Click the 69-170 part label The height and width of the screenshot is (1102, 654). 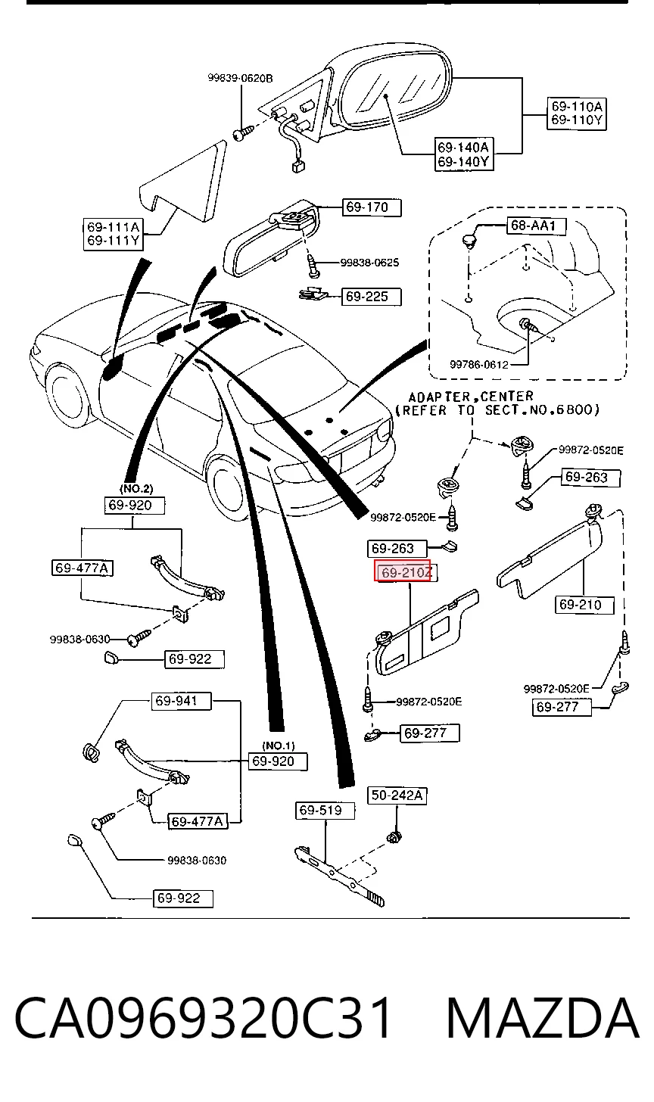click(372, 207)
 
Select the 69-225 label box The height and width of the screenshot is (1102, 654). click(372, 297)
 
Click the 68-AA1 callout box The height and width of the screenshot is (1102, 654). click(537, 226)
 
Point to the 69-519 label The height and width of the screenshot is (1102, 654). click(325, 811)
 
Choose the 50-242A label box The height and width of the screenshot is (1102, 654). click(397, 795)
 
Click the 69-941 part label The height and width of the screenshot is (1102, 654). click(181, 701)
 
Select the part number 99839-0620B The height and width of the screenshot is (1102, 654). click(240, 78)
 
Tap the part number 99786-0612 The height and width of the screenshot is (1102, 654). click(479, 365)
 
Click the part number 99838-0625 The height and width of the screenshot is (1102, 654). click(369, 263)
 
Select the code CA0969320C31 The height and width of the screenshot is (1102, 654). click(203, 1018)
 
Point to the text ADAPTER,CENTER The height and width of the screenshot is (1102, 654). click(471, 397)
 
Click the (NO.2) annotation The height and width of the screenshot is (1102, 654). click(136, 488)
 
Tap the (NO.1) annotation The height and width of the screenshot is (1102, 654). click(279, 746)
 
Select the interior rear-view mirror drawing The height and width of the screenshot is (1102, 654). click(271, 238)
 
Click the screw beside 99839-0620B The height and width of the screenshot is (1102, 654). click(243, 133)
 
